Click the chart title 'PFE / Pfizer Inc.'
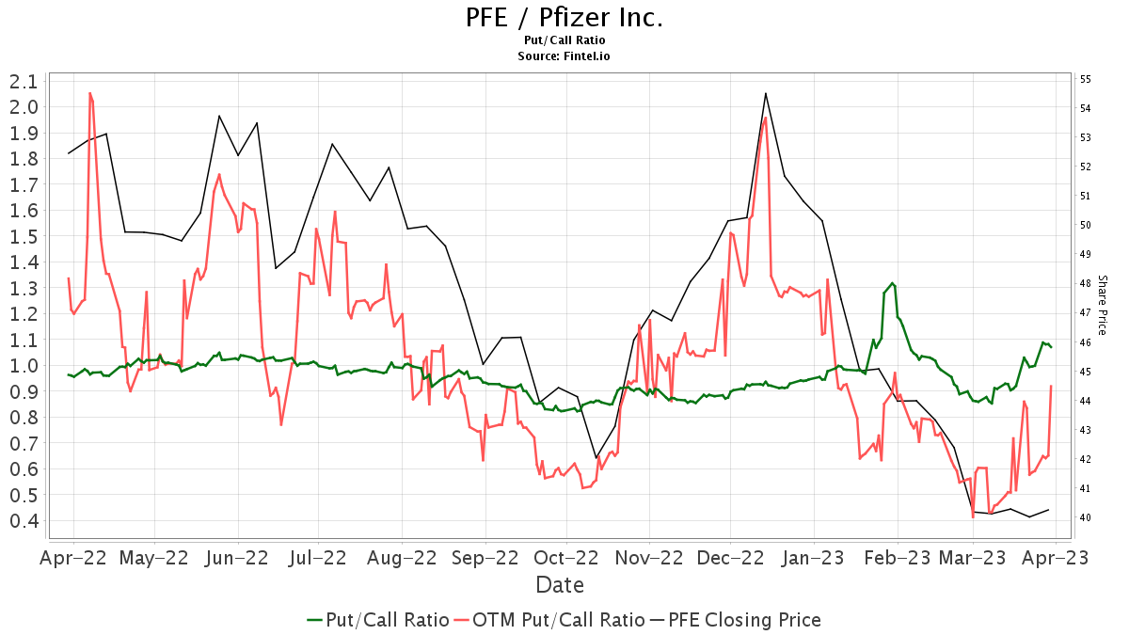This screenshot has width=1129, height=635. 564,18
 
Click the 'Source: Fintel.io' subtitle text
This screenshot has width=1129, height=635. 564,56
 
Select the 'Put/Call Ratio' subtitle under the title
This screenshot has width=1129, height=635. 564,40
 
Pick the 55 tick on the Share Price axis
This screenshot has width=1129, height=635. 1085,79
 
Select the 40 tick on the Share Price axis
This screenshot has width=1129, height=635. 1085,517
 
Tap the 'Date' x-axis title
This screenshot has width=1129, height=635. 560,585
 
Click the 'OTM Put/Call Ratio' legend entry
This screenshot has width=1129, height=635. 549,620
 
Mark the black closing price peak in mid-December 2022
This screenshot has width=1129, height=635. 766,93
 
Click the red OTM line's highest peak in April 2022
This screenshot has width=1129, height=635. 89,92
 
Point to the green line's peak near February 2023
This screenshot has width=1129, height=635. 892,283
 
